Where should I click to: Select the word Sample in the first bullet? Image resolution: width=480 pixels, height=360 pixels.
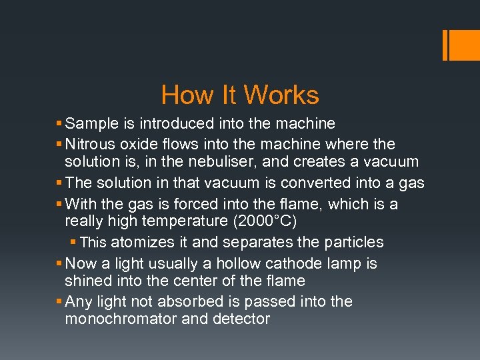pyautogui.click(x=92, y=123)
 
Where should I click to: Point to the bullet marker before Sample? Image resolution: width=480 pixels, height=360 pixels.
pyautogui.click(x=59, y=124)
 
